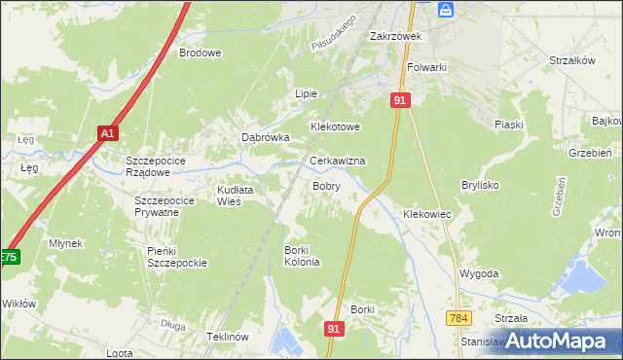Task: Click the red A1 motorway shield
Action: (x=107, y=133)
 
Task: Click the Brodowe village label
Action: (x=201, y=54)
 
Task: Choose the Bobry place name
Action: (x=326, y=185)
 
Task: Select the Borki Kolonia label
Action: (x=302, y=256)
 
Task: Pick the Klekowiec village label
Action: (x=426, y=213)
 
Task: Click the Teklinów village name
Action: (x=230, y=336)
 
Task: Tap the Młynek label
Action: (x=66, y=243)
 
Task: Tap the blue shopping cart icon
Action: (x=446, y=9)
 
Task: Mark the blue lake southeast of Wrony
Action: (x=587, y=280)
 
